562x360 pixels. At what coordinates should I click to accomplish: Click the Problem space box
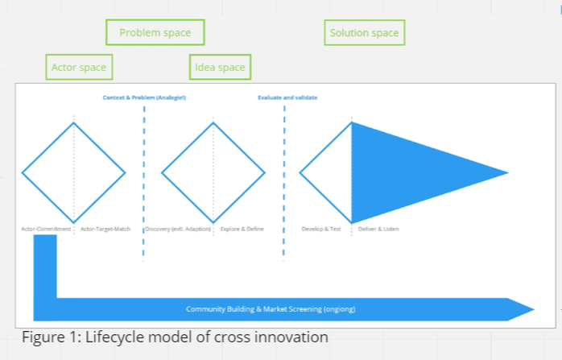coord(155,33)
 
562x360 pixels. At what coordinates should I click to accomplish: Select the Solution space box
coord(364,33)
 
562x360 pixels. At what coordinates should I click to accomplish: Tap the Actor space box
coord(78,67)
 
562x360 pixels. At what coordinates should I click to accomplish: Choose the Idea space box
coord(220,67)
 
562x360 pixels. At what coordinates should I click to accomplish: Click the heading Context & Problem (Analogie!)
coord(144,97)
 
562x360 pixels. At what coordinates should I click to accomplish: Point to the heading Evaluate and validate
coord(287,97)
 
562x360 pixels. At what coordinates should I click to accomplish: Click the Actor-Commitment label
coord(47,229)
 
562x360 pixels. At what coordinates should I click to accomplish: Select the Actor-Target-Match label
coord(105,229)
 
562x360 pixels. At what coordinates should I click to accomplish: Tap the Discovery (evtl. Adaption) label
coord(178,229)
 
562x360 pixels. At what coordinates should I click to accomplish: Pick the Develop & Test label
coord(321,229)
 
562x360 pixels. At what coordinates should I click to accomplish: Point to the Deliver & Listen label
coord(378,229)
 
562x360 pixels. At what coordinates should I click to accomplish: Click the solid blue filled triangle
coord(411,172)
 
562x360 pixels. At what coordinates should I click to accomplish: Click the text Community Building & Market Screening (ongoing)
coord(271,309)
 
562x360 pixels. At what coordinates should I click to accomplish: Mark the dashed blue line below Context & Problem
coord(144,185)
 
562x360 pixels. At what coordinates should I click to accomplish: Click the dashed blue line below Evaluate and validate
coord(284,185)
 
